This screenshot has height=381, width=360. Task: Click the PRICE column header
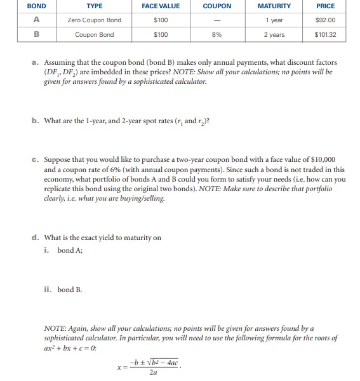coord(325,6)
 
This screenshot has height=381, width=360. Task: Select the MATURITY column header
coord(274,6)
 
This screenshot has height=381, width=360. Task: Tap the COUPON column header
coord(217,6)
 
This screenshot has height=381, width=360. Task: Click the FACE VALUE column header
coord(161,6)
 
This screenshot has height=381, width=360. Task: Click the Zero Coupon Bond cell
coord(94,20)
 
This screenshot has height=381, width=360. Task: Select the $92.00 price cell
coord(325,20)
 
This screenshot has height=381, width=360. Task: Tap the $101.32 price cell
coord(325,34)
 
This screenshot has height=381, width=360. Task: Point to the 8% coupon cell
coord(217,34)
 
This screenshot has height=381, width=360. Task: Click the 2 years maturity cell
coord(274,34)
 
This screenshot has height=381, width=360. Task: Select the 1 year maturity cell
coord(274,20)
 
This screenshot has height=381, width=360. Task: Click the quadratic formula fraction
coord(150,366)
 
